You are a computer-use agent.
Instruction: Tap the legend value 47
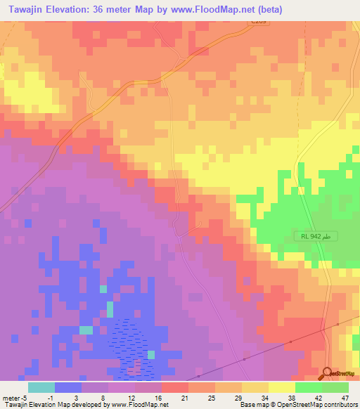(345, 397)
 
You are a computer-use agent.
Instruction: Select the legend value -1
(50, 397)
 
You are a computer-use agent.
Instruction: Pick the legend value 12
(131, 397)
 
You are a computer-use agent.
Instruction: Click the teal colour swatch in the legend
(41, 387)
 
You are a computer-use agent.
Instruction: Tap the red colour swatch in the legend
(175, 387)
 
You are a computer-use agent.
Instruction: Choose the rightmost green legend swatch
(335, 387)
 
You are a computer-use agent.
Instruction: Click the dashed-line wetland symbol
(132, 344)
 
